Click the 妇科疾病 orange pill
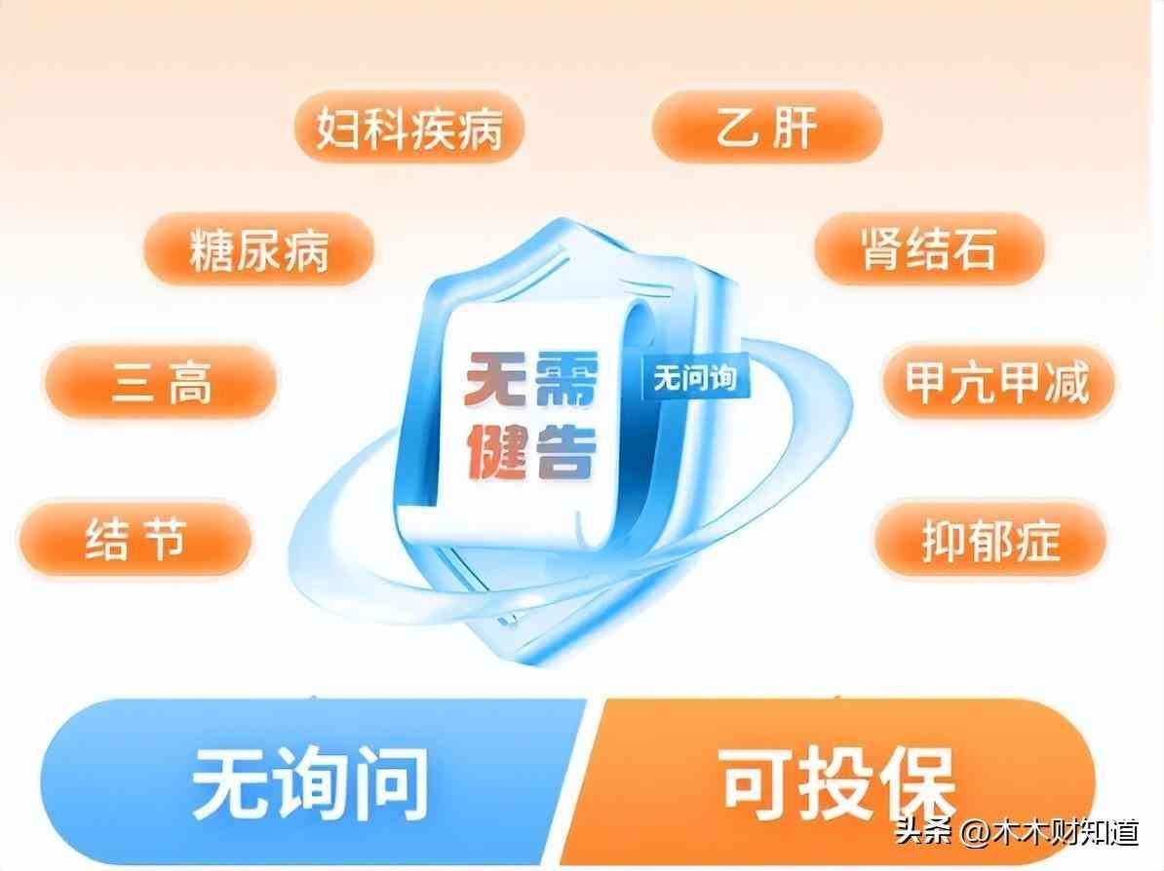(409, 127)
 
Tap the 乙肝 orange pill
(767, 127)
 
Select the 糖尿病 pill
(258, 249)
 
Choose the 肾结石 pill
(929, 248)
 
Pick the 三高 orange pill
(161, 381)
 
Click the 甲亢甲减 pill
(997, 381)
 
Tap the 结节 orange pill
(135, 540)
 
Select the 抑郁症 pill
(989, 540)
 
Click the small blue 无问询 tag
(695, 379)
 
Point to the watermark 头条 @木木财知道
(1017, 832)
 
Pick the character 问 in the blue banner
(390, 783)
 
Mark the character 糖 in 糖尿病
(212, 250)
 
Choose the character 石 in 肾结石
(973, 248)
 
